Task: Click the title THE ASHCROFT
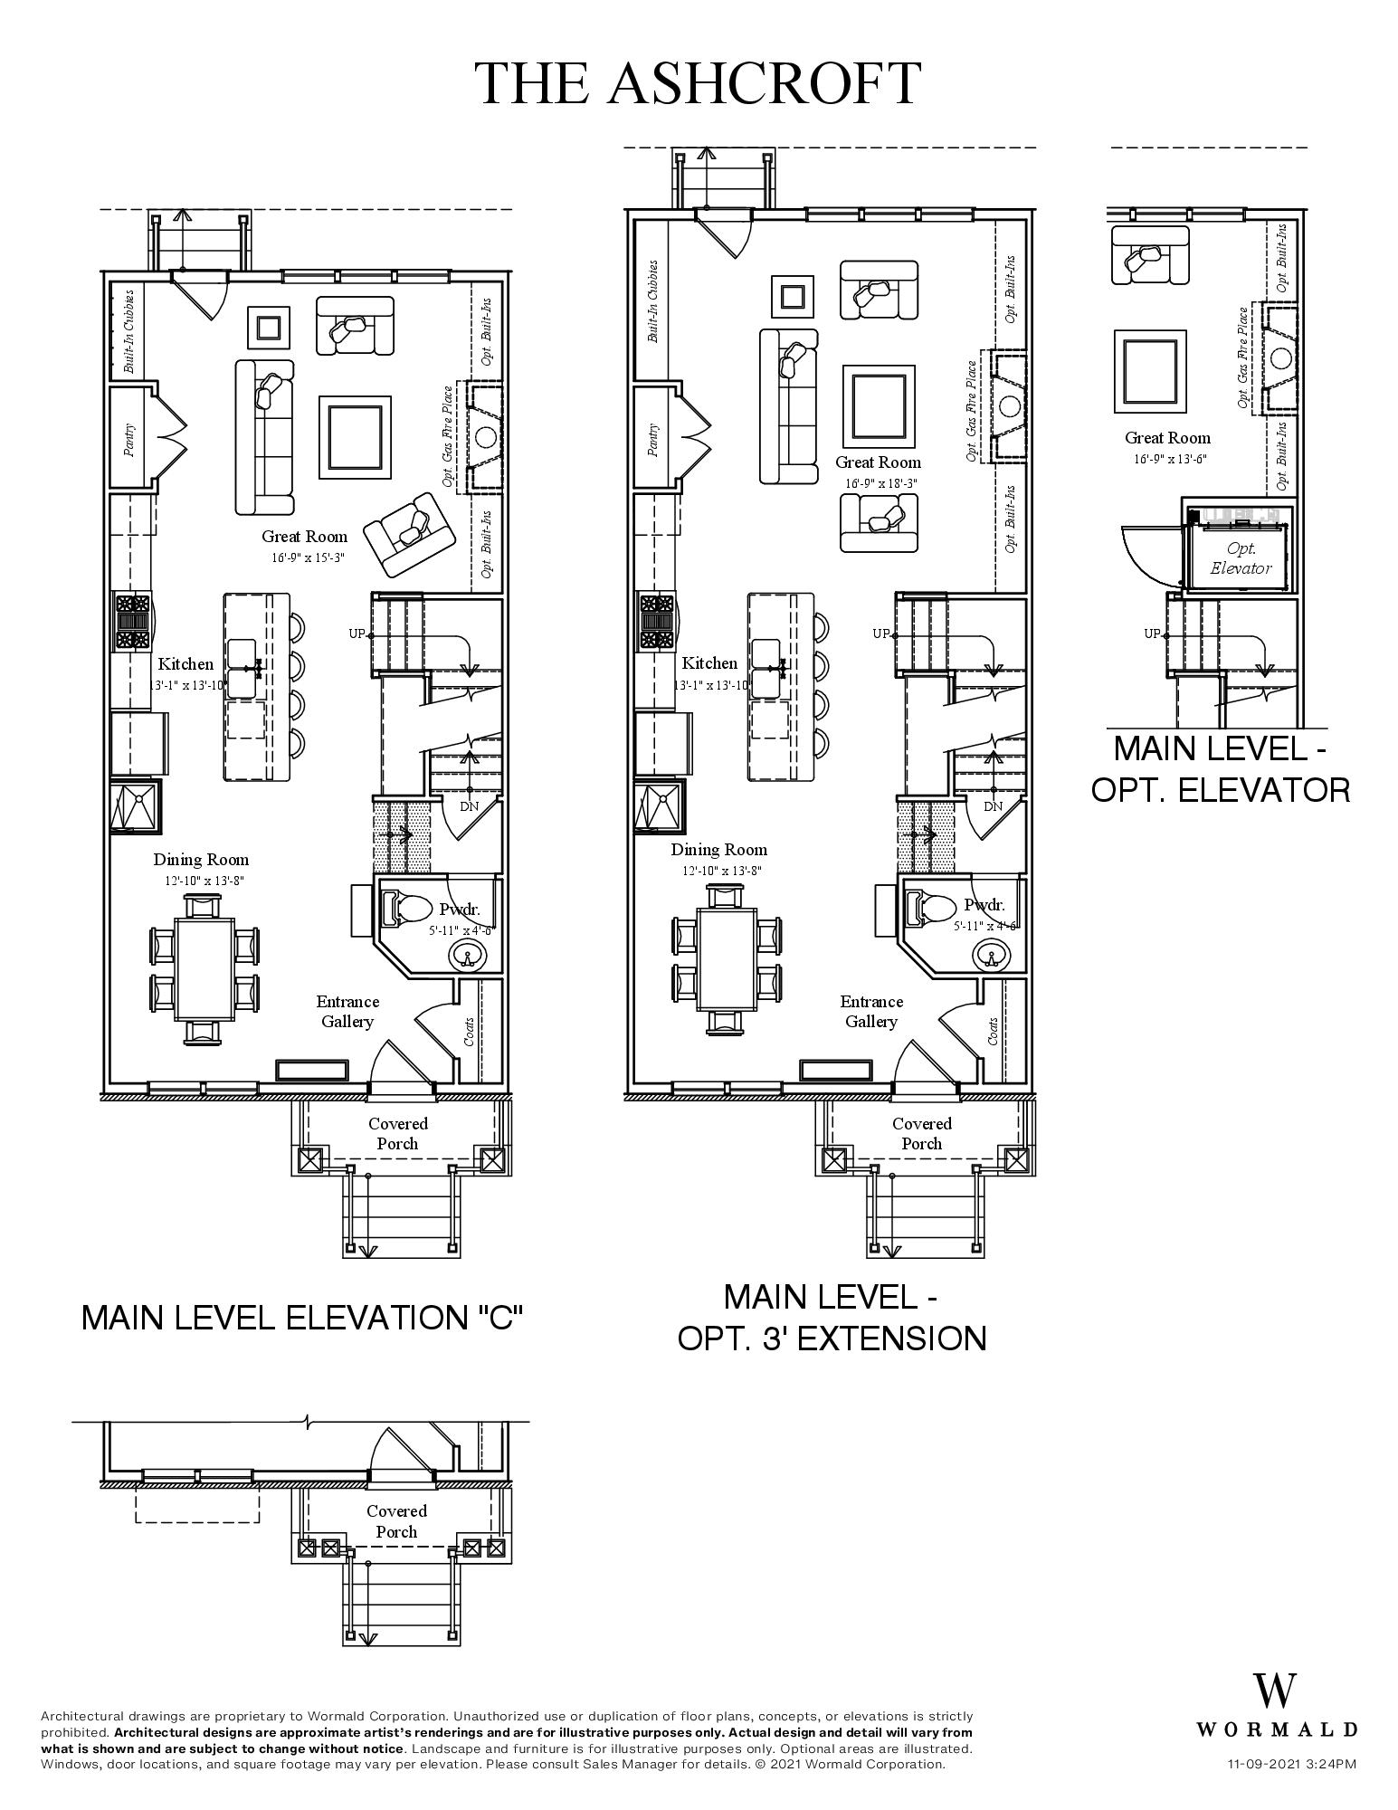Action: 699,83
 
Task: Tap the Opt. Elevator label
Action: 1241,558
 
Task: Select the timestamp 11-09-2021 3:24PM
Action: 1291,1764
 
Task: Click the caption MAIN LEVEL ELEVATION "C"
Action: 302,1318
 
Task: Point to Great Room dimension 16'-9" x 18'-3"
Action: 880,484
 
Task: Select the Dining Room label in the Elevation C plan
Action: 200,860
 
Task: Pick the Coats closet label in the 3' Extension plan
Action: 993,1031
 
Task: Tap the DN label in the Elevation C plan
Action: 469,806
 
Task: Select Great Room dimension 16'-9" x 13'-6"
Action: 1170,459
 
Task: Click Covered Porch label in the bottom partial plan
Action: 396,1520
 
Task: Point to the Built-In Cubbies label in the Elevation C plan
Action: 128,331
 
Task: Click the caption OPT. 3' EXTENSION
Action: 832,1338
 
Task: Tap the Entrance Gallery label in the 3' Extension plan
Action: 870,1011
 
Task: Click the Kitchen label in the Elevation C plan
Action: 185,664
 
